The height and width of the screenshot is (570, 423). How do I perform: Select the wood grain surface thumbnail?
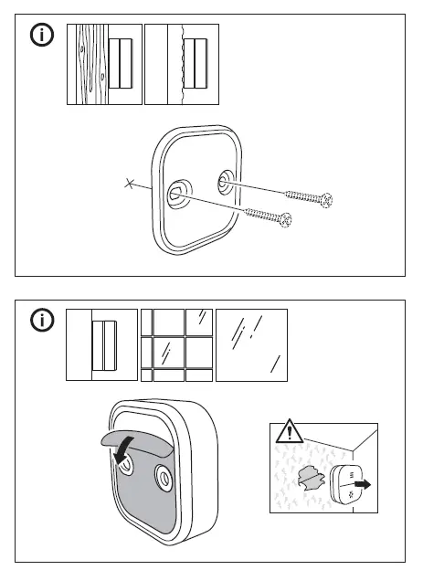103,63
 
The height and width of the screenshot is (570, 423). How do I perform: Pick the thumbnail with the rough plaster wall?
182,63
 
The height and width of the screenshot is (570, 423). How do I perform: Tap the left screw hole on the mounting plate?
174,193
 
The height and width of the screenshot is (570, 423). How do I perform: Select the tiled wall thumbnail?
176,344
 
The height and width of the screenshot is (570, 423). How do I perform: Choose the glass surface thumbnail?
250,344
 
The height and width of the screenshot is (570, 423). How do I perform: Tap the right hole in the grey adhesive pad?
165,476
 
